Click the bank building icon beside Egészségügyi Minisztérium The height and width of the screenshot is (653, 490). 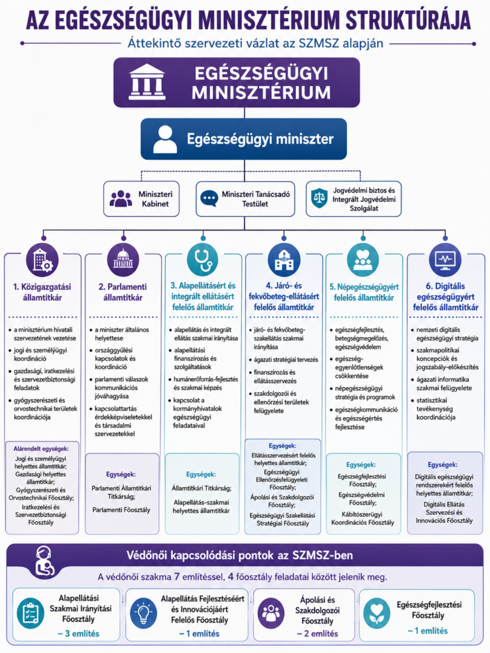[x=147, y=82]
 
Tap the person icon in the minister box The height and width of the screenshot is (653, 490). [x=165, y=139]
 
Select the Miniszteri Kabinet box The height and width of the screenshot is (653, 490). [x=141, y=199]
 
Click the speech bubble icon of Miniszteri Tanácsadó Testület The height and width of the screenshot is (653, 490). [x=209, y=199]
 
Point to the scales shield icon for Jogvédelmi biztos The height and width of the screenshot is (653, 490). [x=320, y=198]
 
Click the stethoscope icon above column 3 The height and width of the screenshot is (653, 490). [x=202, y=260]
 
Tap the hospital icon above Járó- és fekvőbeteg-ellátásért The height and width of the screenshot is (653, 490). [x=284, y=260]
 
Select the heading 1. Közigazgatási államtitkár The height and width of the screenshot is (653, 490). [x=42, y=292]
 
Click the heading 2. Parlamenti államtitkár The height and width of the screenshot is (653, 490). [x=123, y=292]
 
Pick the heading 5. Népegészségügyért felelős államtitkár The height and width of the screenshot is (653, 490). [x=364, y=292]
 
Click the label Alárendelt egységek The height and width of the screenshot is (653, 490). [x=41, y=448]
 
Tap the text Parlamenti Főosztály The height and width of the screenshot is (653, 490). [x=121, y=510]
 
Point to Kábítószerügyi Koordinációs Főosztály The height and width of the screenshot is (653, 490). [x=362, y=518]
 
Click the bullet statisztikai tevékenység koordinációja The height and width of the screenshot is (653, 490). [x=436, y=409]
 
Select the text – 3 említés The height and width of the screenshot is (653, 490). [x=78, y=633]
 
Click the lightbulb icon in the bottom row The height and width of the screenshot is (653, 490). [x=144, y=613]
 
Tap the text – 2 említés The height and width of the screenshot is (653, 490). [x=318, y=633]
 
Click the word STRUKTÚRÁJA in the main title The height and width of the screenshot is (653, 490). [x=408, y=20]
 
